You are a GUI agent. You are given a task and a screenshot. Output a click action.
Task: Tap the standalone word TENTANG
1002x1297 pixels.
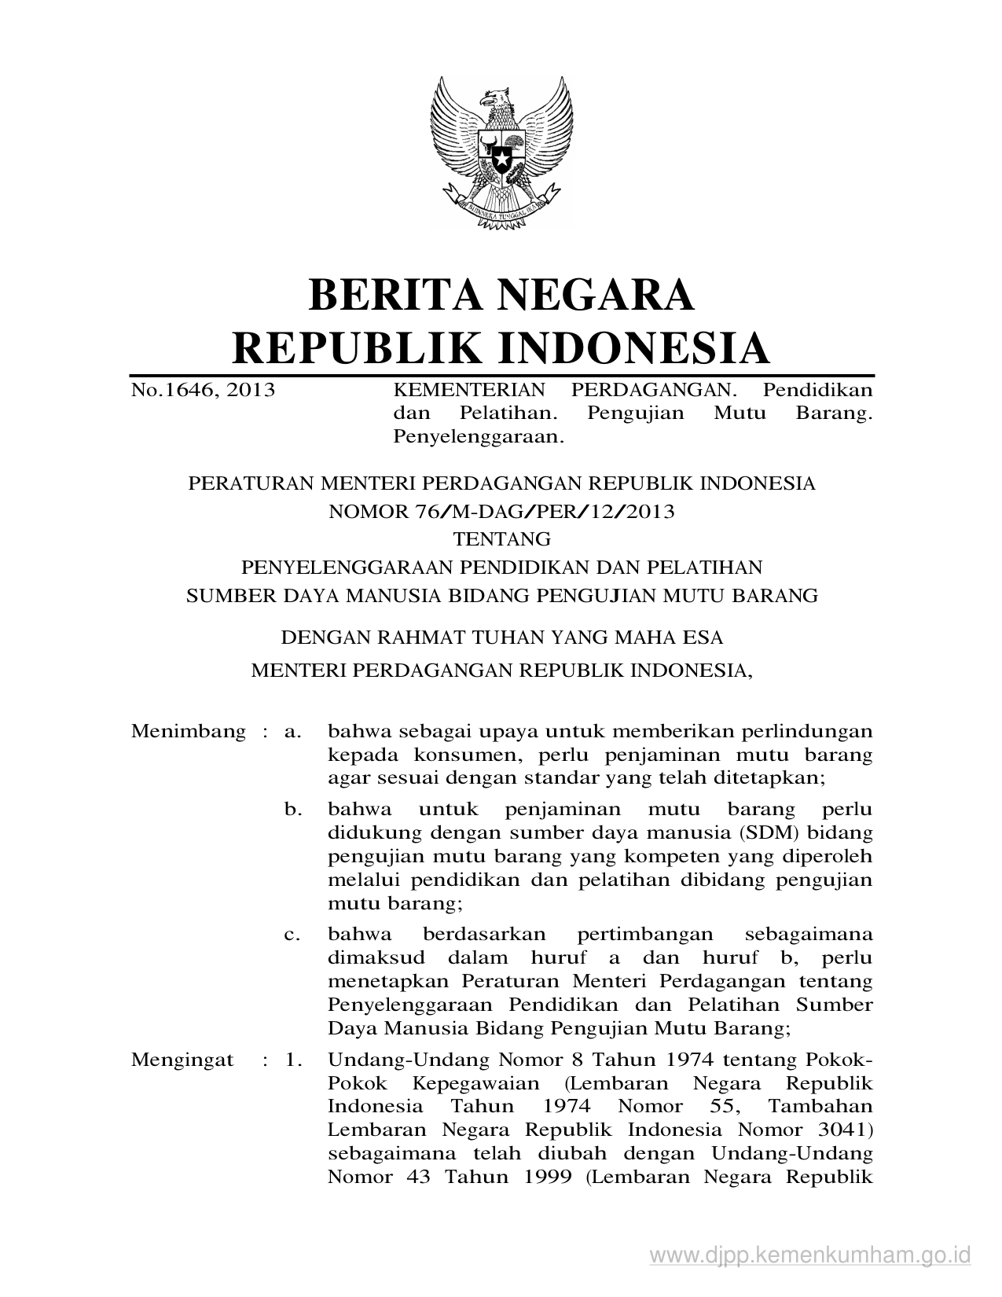tap(502, 539)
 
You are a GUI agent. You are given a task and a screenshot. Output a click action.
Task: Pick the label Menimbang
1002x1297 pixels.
tap(189, 732)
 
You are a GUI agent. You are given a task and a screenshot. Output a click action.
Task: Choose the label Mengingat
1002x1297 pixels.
tap(182, 1060)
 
